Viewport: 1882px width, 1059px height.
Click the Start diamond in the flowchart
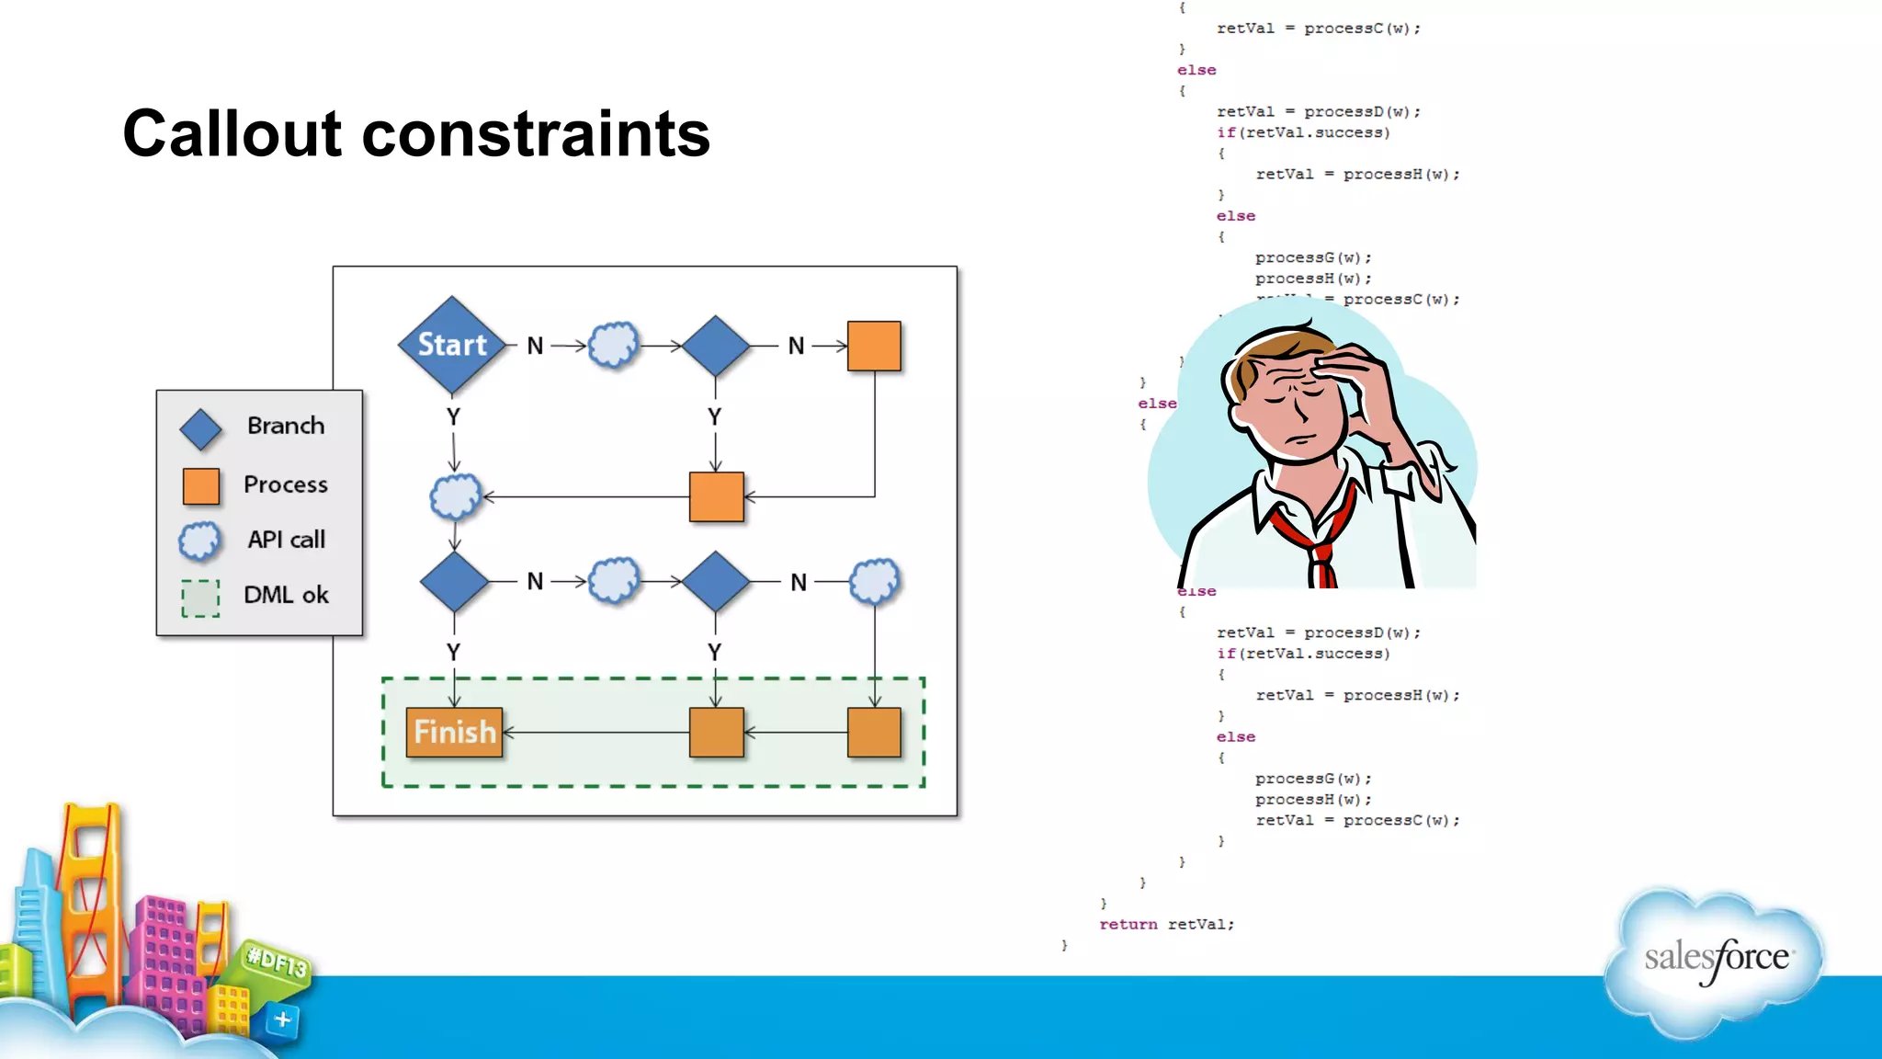coord(452,345)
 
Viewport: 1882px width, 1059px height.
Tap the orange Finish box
coord(454,733)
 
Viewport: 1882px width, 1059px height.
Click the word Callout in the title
coord(232,134)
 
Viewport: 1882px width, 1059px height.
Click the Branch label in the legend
coord(286,426)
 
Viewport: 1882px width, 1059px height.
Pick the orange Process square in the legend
coord(201,486)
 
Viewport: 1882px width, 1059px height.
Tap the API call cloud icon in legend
coord(199,541)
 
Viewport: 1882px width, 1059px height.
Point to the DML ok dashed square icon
coord(200,598)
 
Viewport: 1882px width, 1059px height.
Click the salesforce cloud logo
coord(1715,959)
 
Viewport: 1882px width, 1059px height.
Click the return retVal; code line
coord(1166,925)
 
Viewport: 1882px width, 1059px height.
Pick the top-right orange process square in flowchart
coord(874,346)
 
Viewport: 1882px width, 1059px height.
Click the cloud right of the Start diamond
coord(613,345)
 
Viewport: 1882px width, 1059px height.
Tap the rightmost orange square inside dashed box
coord(874,733)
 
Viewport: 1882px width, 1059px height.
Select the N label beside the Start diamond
coord(535,347)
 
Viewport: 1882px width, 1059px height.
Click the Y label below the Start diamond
coord(453,416)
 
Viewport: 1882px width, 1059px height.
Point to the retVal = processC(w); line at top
coord(1318,28)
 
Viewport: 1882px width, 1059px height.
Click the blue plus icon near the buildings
coord(283,1019)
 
